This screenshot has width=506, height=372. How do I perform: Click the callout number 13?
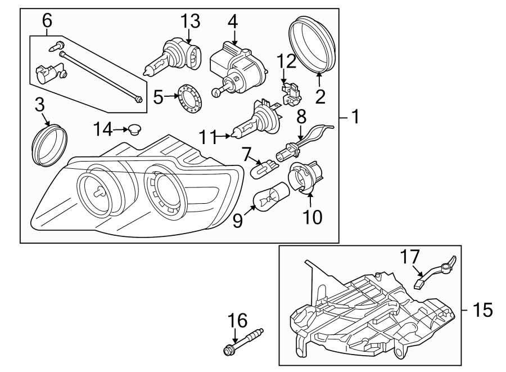[x=191, y=21]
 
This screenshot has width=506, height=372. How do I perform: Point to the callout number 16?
[x=238, y=321]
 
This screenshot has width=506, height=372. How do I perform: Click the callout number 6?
[x=47, y=21]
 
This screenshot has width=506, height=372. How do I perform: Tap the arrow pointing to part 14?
[x=120, y=130]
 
